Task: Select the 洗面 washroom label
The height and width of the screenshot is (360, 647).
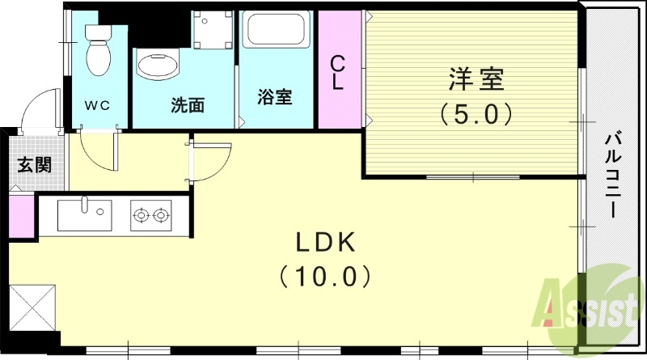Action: click(x=186, y=104)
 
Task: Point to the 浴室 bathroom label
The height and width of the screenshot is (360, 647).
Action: click(x=274, y=97)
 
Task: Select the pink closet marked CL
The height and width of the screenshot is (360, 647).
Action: click(x=339, y=71)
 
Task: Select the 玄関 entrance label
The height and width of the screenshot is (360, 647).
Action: click(x=35, y=165)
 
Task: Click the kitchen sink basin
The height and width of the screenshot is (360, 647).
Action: click(x=83, y=215)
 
